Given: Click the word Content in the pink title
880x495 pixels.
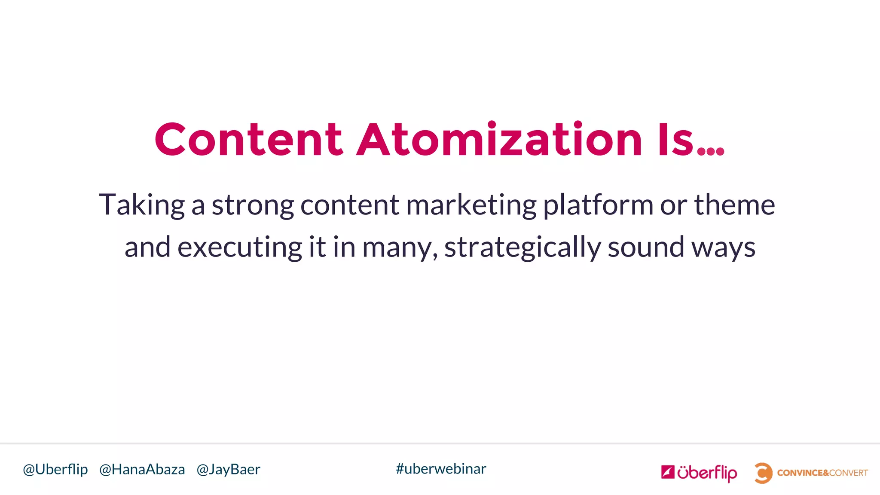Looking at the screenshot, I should [249, 140].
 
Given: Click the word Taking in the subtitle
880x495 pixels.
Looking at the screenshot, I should [142, 205].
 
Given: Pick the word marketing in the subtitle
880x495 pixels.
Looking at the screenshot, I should [471, 205].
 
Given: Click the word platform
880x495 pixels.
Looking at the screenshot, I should [598, 205].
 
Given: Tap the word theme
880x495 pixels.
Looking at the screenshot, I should [734, 205].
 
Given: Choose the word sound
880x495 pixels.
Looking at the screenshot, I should [646, 247].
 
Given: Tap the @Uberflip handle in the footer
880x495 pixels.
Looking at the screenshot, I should [55, 469].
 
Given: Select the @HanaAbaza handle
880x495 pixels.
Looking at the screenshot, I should [142, 469].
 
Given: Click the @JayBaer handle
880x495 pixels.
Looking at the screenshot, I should [228, 469].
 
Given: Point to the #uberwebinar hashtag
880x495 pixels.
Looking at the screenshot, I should [441, 469].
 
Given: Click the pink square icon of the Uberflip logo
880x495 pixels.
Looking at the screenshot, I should [668, 472].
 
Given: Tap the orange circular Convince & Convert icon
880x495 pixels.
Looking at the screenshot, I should [763, 473].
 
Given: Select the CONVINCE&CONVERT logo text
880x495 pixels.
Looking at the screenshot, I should [822, 473].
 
